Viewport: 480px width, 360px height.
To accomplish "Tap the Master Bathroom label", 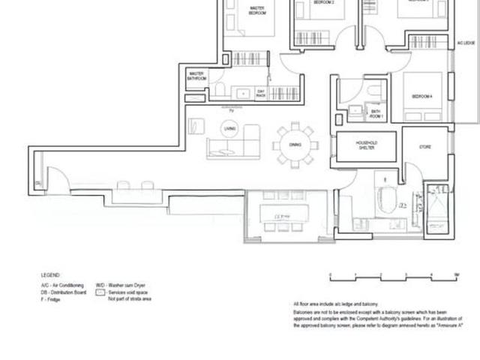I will click(196, 76).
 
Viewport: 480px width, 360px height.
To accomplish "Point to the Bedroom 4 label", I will click(422, 96).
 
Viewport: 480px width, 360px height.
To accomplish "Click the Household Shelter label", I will click(366, 145).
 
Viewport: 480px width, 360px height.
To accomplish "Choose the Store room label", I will click(424, 147).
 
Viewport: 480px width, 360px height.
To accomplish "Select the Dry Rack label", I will click(261, 94).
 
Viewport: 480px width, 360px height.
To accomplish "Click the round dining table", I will click(295, 144).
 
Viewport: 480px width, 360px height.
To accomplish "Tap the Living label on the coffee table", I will click(230, 129).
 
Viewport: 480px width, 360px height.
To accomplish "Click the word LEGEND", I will click(50, 275).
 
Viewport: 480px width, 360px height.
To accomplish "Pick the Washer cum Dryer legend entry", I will click(120, 286).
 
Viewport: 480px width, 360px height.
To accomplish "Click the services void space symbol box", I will click(100, 292).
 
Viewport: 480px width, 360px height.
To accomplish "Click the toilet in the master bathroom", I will click(220, 90).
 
